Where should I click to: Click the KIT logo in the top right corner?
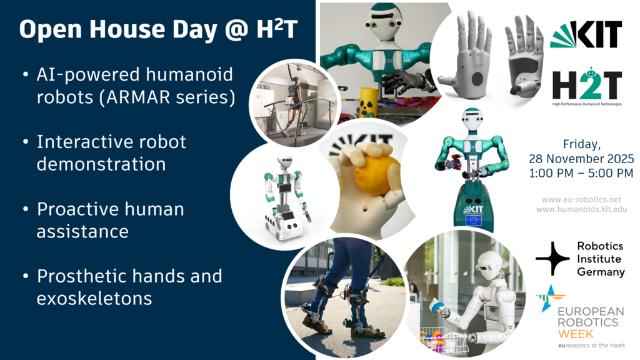pyautogui.click(x=586, y=34)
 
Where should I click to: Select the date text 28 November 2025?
pyautogui.click(x=581, y=158)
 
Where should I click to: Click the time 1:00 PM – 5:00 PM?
pyautogui.click(x=581, y=172)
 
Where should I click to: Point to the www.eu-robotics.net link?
pyautogui.click(x=581, y=199)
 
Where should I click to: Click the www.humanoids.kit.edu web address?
pyautogui.click(x=581, y=210)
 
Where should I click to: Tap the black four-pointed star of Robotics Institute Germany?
pyautogui.click(x=552, y=258)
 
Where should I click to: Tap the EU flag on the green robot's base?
pyautogui.click(x=473, y=219)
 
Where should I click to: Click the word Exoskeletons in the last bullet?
pyautogui.click(x=94, y=298)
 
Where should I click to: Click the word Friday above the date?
pyautogui.click(x=581, y=143)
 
